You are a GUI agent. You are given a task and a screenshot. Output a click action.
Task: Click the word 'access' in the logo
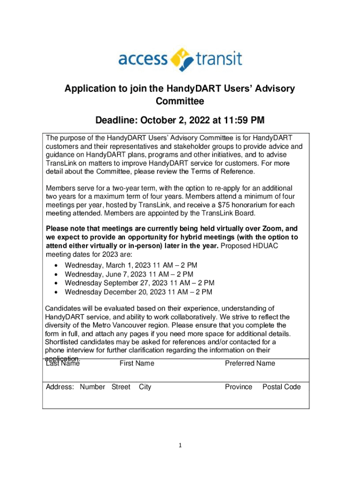142,59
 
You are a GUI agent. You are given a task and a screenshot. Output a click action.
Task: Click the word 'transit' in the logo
219,59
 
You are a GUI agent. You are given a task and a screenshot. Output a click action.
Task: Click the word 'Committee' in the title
180,101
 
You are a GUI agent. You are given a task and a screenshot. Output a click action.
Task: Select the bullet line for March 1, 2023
131,265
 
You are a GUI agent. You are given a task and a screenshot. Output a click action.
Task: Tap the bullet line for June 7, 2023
129,274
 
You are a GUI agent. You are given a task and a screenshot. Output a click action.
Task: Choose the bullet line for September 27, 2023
139,283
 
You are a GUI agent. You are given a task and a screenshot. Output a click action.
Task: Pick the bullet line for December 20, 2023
138,292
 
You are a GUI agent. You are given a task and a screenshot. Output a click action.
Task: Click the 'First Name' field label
137,363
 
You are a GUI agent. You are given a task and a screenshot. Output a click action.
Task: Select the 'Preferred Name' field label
250,363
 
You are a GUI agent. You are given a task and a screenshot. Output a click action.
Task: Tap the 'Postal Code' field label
281,387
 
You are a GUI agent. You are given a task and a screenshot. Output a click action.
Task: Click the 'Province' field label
238,387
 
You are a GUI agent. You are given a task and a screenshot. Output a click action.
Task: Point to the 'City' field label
145,387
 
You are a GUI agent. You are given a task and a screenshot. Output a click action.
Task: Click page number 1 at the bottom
180,445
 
